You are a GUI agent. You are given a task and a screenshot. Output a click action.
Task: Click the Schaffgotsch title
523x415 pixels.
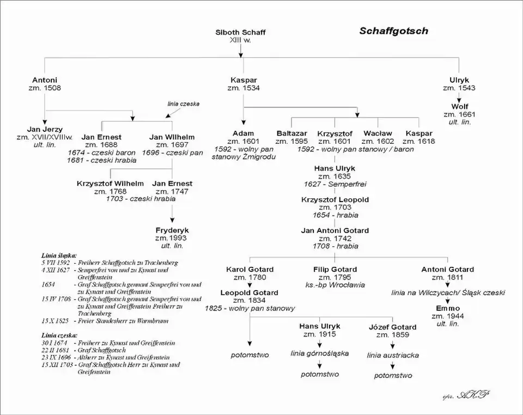click(393, 31)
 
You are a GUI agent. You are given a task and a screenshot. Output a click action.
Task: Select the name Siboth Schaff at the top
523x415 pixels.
click(240, 33)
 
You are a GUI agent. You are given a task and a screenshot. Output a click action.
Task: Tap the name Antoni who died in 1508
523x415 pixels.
click(45, 80)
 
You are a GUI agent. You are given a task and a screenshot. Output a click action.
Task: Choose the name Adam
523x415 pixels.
click(243, 133)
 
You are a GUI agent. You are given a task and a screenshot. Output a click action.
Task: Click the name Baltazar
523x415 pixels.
click(291, 133)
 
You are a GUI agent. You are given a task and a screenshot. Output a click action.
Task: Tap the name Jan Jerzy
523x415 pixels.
click(45, 129)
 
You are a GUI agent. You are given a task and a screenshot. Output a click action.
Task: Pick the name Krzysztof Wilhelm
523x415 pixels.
click(111, 184)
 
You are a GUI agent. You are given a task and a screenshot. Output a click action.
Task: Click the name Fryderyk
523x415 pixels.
click(172, 230)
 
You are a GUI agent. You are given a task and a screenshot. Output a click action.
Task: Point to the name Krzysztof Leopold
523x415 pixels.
click(335, 200)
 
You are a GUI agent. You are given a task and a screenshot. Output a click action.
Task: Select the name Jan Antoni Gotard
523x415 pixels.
click(335, 230)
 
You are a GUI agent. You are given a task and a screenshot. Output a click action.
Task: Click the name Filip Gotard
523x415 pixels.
click(335, 269)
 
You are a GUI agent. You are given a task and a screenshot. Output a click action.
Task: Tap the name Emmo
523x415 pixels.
click(447, 308)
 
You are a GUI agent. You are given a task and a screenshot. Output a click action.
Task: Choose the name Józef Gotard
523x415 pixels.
click(392, 327)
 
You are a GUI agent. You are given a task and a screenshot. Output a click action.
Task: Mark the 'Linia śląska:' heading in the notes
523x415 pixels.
click(59, 255)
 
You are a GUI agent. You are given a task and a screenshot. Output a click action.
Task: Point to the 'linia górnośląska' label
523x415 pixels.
click(319, 353)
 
